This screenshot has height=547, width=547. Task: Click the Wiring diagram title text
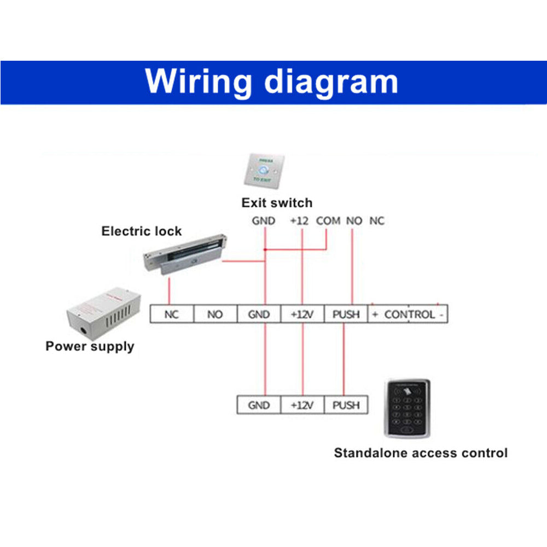pos(272,82)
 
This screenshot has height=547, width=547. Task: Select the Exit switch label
pos(277,203)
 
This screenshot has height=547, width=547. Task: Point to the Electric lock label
pos(141,231)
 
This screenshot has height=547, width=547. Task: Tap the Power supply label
pos(90,346)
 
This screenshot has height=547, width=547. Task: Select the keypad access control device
pos(407,408)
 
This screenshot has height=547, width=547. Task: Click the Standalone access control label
pos(421,453)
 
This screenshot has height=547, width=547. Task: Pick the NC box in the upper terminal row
pos(172,314)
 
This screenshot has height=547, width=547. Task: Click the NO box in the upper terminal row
pos(215,314)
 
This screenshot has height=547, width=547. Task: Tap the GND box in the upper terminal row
pos(259,314)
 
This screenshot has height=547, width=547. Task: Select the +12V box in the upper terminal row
pos(302,314)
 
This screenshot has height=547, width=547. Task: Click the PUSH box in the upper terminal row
pos(346,314)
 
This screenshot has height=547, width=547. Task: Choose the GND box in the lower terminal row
pos(259,405)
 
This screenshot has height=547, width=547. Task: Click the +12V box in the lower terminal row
pos(302,405)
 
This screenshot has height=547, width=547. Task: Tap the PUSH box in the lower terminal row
pos(346,405)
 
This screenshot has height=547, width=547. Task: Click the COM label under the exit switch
pos(328,221)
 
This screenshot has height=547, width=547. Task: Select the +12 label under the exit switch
pos(299,221)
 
